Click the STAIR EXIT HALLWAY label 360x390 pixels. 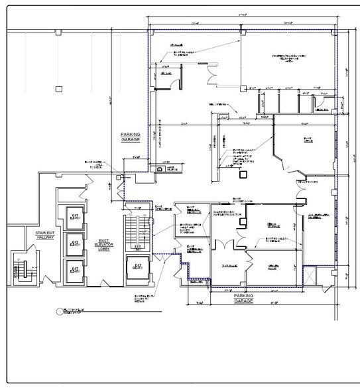click(39, 235)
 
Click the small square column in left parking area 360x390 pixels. click(58, 88)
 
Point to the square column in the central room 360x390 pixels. click(243, 174)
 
